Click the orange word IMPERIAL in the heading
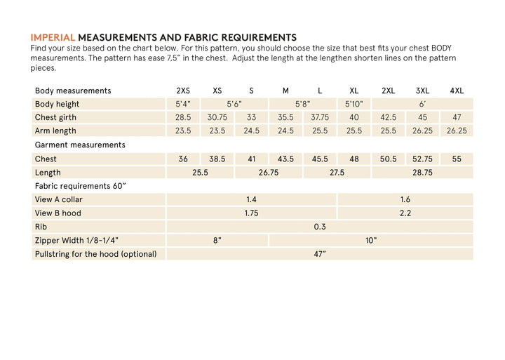(x=53, y=37)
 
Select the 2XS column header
(x=183, y=91)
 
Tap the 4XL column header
(x=457, y=91)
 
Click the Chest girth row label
(x=55, y=117)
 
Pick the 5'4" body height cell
(x=183, y=104)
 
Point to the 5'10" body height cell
(x=354, y=104)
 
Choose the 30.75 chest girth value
(x=217, y=117)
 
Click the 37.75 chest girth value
(x=320, y=117)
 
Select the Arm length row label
(x=55, y=131)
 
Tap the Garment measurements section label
(x=80, y=145)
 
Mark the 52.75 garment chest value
(x=422, y=159)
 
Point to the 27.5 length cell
(x=337, y=172)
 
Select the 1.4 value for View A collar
(x=251, y=199)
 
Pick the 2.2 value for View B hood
(x=405, y=213)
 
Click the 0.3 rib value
(x=320, y=227)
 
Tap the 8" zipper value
(x=217, y=240)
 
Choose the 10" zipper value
(x=371, y=240)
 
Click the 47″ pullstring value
(x=320, y=254)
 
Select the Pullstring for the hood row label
(x=95, y=254)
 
